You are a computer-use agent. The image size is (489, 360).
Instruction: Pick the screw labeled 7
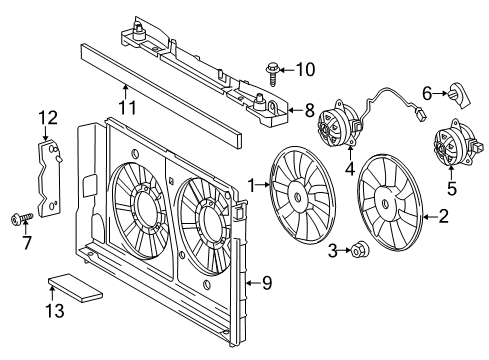tap(20, 217)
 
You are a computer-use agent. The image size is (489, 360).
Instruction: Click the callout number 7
tap(26, 242)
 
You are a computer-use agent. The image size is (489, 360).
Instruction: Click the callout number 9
tap(267, 282)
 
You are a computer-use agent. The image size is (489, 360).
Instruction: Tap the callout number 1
tap(253, 184)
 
